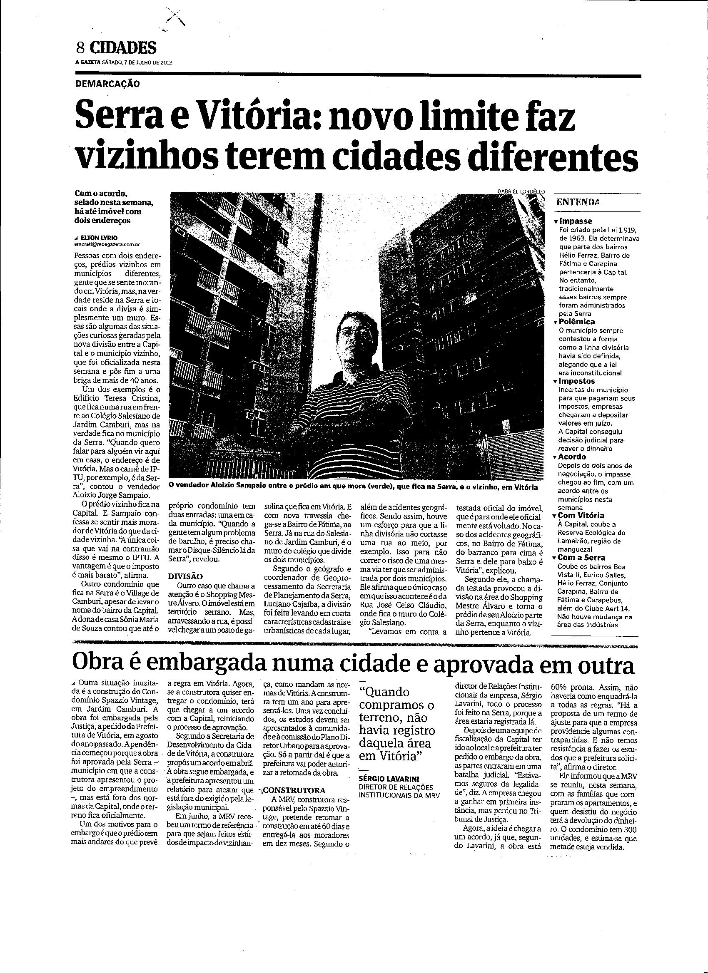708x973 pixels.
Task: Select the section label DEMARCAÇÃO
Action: [x=107, y=84]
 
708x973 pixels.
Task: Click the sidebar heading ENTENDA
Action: [x=578, y=202]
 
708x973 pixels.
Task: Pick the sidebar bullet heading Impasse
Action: [x=575, y=221]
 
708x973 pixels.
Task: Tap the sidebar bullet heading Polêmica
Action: [x=577, y=322]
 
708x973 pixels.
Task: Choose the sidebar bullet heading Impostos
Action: [x=577, y=381]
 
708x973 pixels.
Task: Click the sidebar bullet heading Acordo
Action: [x=572, y=457]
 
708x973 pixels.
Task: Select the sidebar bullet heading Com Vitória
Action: [x=581, y=515]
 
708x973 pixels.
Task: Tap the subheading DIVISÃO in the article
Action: [x=186, y=576]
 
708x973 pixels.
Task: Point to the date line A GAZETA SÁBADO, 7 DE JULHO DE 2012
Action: [x=124, y=62]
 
